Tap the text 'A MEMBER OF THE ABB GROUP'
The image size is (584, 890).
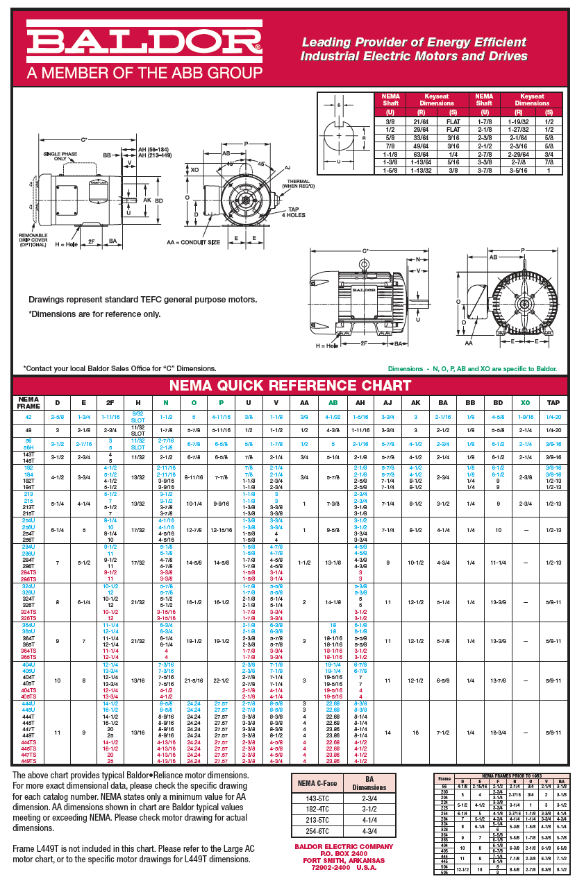click(144, 72)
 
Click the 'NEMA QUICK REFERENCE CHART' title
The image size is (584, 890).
click(291, 386)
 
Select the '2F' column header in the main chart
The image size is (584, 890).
click(110, 402)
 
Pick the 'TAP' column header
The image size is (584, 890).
click(553, 402)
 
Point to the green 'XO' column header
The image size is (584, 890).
click(525, 402)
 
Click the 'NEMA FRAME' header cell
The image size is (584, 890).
click(28, 402)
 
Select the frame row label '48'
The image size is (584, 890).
click(28, 430)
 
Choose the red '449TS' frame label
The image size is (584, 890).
click(28, 761)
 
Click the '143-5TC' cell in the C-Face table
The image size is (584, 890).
click(317, 798)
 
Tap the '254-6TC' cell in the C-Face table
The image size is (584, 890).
click(317, 832)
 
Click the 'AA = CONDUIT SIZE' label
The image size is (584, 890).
click(192, 242)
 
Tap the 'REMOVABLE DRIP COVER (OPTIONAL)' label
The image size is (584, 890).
click(33, 240)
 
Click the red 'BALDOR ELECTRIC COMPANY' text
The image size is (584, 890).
click(343, 846)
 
